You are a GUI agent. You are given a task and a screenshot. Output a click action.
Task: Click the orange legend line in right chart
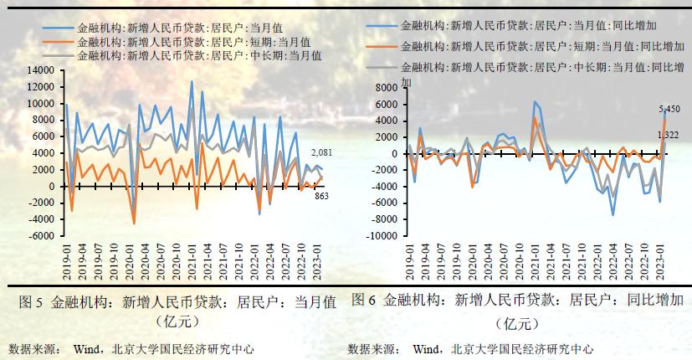[x=382, y=46]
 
